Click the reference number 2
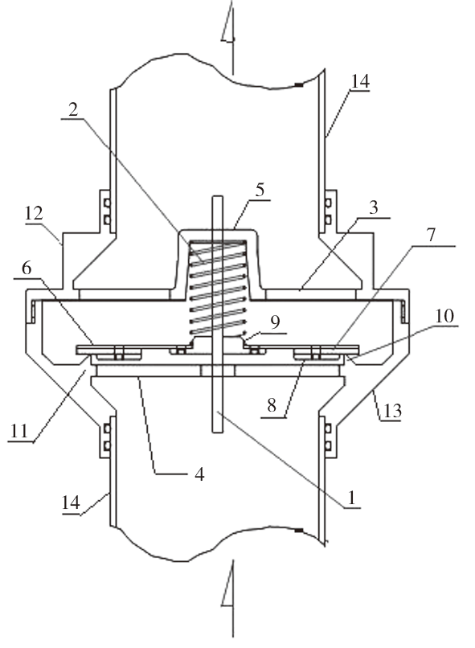coord(73,110)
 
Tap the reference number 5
coord(260,190)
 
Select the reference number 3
coord(374,207)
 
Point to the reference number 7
coord(431,235)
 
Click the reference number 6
coord(27,268)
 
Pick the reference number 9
coord(275,322)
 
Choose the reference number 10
coord(444,316)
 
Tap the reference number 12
coord(34,214)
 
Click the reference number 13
coord(392,410)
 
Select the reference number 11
coord(18,431)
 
